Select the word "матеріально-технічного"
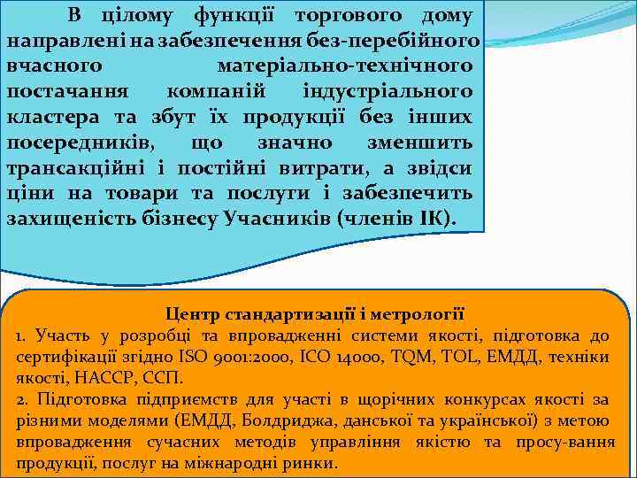[344, 66]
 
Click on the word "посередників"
[78, 143]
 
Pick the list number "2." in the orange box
[21, 399]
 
